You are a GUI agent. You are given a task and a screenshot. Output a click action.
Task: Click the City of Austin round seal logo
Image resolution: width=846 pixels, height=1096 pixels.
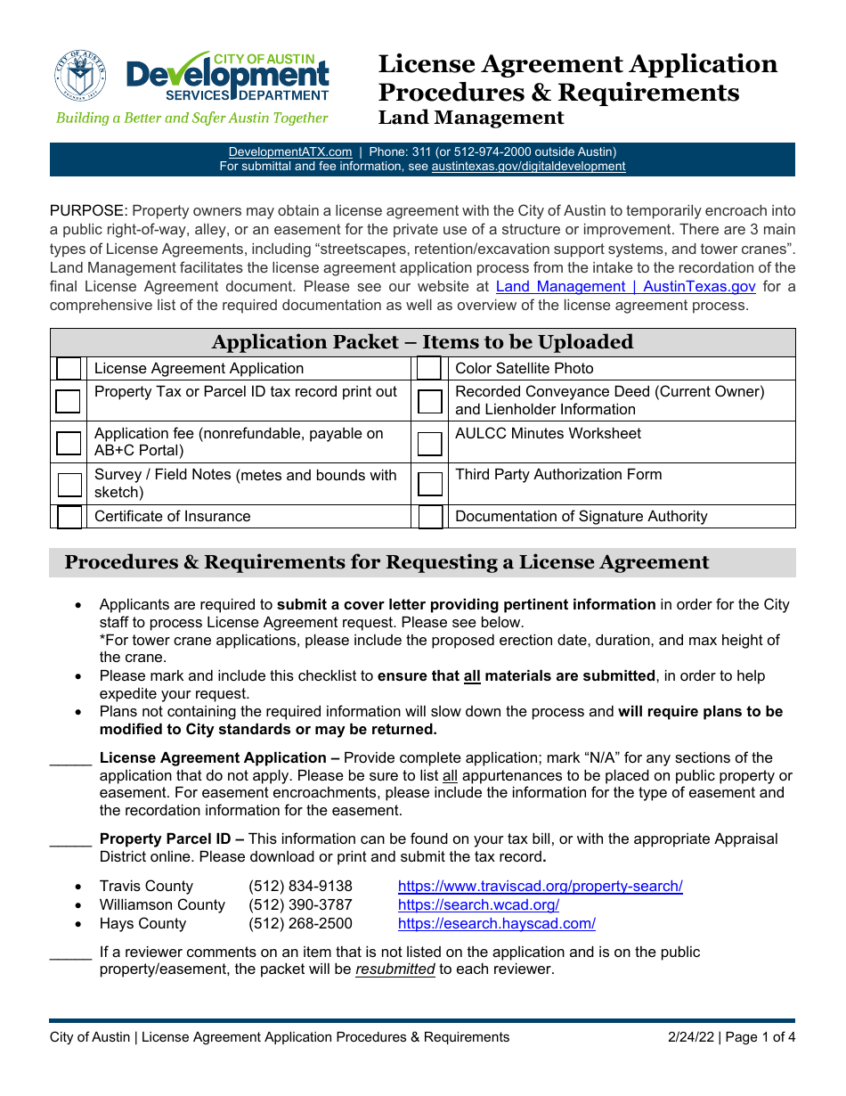click(80, 75)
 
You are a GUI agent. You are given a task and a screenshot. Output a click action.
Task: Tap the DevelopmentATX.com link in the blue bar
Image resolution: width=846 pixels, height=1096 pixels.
click(289, 151)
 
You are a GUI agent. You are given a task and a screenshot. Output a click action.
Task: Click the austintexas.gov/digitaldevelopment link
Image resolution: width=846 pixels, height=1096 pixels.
click(528, 166)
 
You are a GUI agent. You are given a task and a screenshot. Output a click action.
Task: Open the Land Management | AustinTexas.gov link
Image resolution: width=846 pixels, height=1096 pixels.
click(625, 286)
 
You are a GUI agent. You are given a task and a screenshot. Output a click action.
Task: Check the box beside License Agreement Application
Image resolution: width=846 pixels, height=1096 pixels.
click(68, 368)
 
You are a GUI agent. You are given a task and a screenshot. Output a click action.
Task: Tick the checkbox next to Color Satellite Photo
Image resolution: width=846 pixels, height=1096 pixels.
click(429, 368)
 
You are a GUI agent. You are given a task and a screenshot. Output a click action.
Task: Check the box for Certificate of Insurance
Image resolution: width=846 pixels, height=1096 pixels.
click(69, 517)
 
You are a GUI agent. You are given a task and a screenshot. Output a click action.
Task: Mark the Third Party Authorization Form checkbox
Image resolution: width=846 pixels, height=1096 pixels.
click(429, 484)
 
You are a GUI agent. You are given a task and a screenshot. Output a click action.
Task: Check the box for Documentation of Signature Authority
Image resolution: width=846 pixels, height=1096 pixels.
click(430, 517)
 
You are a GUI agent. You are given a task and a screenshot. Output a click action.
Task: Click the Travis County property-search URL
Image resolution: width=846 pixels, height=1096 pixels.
click(540, 886)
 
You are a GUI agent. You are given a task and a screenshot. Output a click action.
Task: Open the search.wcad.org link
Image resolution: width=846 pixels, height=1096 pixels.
click(478, 904)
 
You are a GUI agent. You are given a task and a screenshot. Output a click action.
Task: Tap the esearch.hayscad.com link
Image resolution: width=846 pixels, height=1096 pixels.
click(496, 923)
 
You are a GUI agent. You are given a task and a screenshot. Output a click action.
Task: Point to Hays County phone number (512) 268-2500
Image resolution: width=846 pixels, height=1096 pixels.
click(300, 923)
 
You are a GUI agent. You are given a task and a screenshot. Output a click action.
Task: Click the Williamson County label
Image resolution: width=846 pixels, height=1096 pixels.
click(162, 904)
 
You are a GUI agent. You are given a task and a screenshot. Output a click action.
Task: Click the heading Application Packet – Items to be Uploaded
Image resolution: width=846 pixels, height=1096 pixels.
click(422, 342)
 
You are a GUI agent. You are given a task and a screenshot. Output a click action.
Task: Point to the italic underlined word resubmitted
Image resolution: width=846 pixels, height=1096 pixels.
click(395, 969)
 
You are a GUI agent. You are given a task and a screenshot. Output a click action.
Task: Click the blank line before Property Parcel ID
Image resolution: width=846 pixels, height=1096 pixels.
click(70, 840)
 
